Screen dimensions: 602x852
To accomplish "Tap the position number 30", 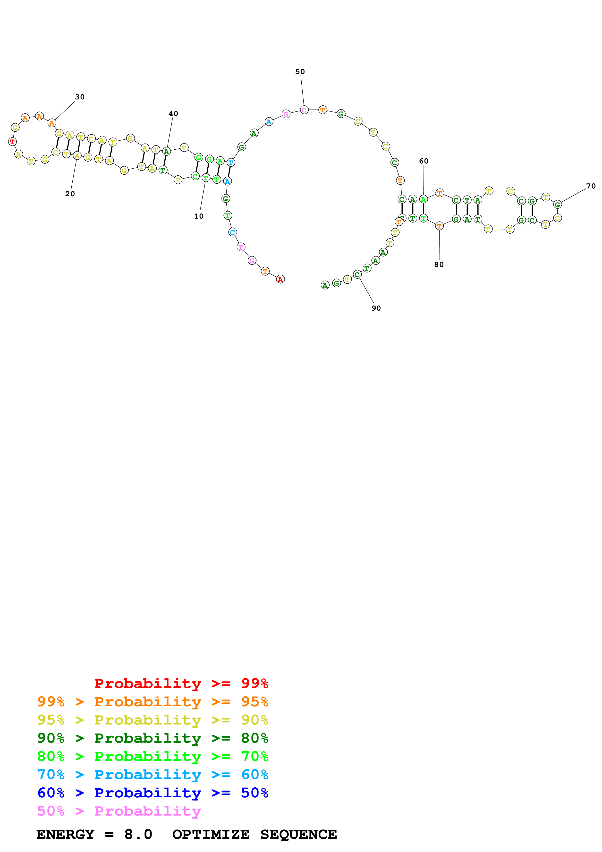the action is coord(80,97).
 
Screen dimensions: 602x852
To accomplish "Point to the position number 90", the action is coord(376,308).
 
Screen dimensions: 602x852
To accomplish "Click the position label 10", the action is coord(199,216).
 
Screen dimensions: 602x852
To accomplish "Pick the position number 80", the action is coord(439,264).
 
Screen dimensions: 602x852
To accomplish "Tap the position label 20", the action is coord(70,194).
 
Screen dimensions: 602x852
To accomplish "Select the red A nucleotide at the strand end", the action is coord(280,279).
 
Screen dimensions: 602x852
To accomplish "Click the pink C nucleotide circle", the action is coord(304,110).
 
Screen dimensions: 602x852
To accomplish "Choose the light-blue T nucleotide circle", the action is coord(231,162).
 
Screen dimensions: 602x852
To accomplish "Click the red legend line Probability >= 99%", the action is coord(181,683).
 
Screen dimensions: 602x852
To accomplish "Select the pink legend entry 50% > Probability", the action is coord(119,811).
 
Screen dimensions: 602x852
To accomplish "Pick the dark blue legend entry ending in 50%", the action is coord(153,793).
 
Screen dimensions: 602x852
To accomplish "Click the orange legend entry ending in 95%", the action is coord(153,702).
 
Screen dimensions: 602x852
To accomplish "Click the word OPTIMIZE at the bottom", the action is coord(211,835).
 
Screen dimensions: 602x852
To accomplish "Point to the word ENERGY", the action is coord(65,835).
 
